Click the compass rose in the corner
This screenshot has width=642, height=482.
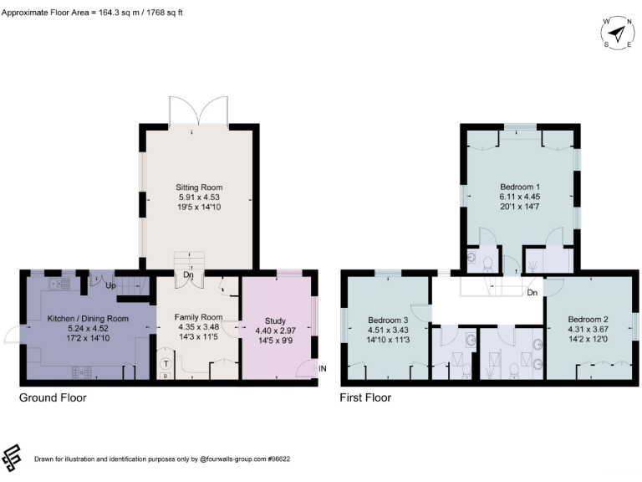coord(617,33)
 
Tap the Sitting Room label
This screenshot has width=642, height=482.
coord(199,187)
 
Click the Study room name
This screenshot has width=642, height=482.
coord(275,320)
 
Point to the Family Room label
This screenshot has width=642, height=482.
coord(198,317)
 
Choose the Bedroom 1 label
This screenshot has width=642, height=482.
coord(520,187)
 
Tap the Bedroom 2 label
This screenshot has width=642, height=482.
coord(588,319)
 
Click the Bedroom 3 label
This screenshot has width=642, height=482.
coord(388,320)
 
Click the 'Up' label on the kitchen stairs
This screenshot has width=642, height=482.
coord(110,285)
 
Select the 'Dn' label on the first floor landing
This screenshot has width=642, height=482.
coord(532,293)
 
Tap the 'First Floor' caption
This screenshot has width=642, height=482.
coord(365,397)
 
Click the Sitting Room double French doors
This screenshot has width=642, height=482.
coord(198,110)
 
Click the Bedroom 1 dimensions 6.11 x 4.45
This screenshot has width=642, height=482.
coord(520,197)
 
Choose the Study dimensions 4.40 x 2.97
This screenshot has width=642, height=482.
coord(275,330)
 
